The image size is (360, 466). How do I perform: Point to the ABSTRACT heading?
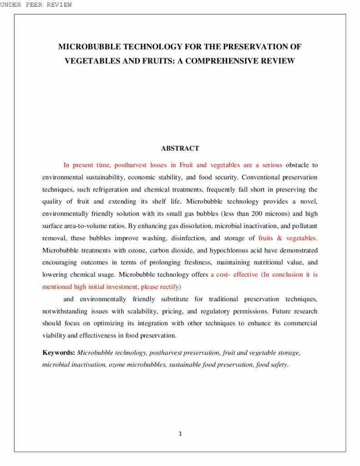point(180,148)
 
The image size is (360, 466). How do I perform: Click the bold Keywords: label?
point(59,353)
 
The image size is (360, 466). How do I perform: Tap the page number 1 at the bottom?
point(180,434)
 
